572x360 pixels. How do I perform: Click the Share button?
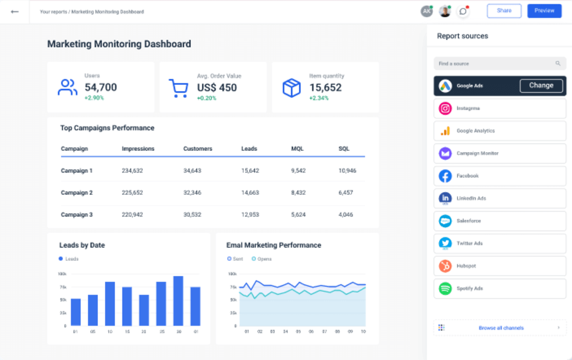[504, 11]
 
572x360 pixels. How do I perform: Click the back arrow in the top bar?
[15, 11]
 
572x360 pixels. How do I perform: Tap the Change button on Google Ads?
[541, 86]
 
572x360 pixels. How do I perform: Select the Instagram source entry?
[499, 109]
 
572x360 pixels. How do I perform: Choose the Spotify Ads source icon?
[445, 289]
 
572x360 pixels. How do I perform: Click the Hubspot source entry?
[499, 266]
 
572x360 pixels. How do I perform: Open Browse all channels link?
[501, 328]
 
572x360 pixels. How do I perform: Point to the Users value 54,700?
[101, 87]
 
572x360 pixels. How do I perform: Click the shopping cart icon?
[178, 88]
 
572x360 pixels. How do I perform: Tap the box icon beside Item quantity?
[291, 88]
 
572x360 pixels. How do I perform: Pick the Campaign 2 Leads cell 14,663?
[250, 193]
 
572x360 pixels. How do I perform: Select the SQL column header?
[344, 149]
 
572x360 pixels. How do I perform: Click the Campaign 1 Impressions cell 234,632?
[132, 170]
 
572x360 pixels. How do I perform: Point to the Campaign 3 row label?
[77, 214]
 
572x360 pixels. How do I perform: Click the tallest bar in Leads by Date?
[178, 301]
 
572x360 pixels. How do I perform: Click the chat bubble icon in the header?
[463, 11]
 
